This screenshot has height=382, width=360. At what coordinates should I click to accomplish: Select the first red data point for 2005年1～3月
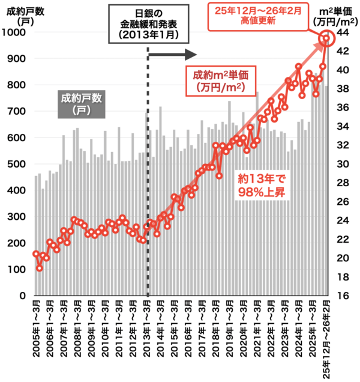pyautogui.click(x=36, y=254)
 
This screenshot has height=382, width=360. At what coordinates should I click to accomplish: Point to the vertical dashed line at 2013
pyautogui.click(x=147, y=180)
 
